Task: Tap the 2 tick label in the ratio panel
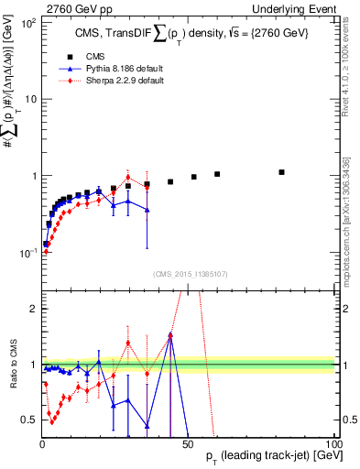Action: [x=33, y=309]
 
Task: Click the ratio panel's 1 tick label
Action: [x=33, y=365]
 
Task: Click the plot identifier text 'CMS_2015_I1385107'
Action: [x=188, y=272]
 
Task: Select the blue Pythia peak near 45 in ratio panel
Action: [x=170, y=337]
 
